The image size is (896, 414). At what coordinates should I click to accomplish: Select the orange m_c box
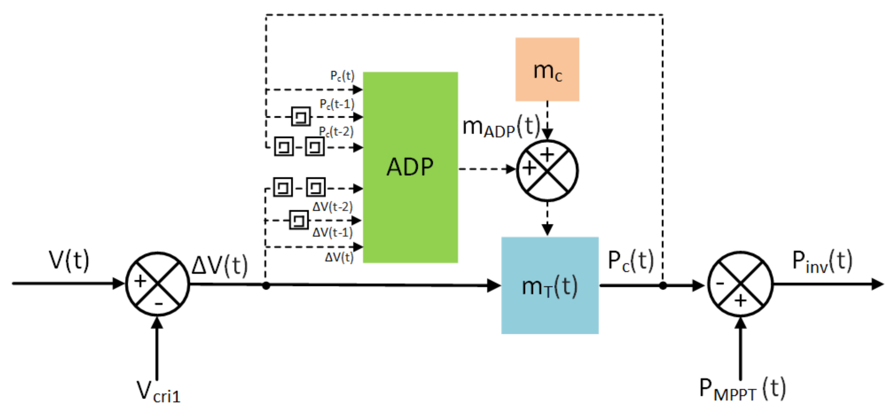(547, 69)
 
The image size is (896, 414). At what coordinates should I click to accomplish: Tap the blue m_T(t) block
(550, 285)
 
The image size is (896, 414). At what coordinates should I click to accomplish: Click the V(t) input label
(69, 260)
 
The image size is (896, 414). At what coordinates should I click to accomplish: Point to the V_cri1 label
(158, 392)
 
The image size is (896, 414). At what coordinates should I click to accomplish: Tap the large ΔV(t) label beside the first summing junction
(219, 266)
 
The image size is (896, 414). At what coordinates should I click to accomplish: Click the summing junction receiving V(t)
(158, 284)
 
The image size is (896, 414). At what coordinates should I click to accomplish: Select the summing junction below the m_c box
(547, 171)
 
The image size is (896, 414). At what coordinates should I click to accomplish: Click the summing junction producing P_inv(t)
(740, 284)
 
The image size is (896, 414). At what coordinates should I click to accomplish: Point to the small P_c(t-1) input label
(337, 104)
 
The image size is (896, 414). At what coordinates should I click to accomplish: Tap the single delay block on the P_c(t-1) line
(301, 117)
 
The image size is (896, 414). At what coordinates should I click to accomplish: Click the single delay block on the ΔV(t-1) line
(299, 220)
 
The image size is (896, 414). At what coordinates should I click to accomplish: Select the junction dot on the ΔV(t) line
(266, 286)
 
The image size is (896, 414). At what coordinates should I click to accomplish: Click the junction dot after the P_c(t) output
(663, 286)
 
